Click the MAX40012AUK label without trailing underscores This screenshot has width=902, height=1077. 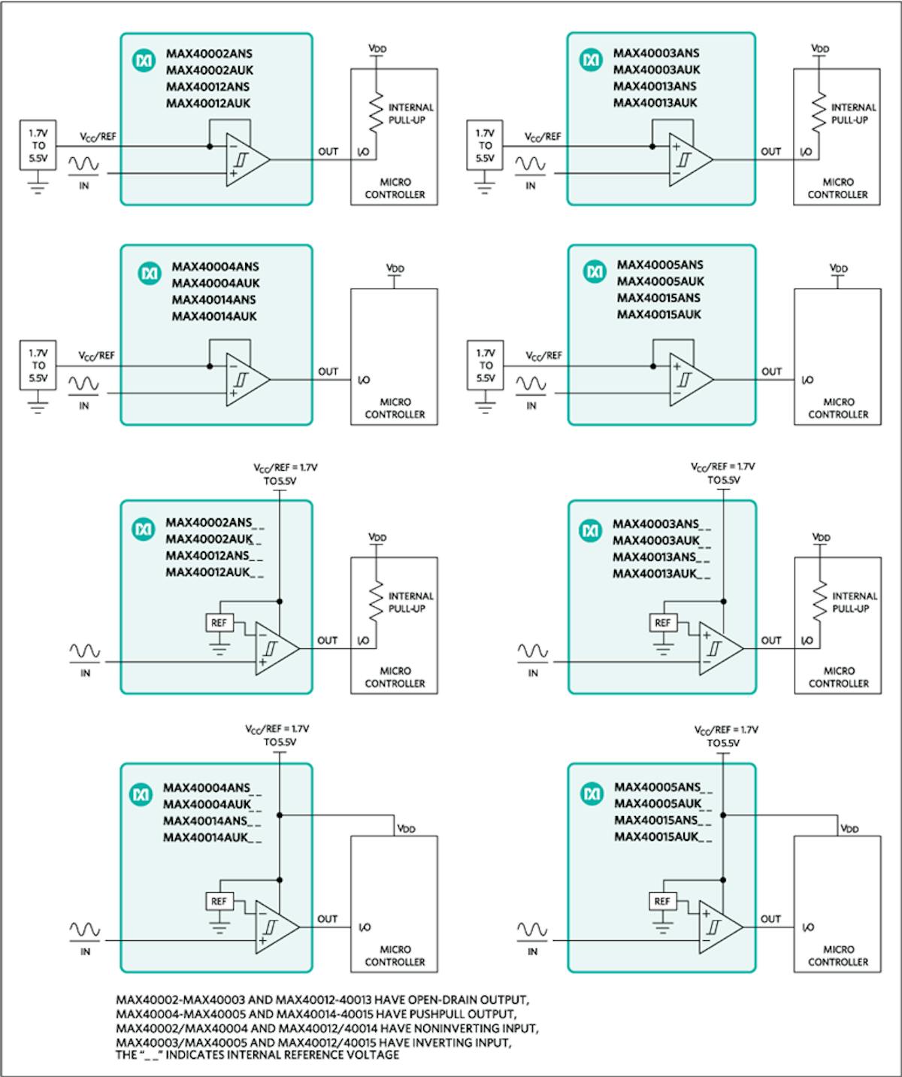[208, 103]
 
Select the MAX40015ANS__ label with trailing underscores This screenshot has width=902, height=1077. [662, 821]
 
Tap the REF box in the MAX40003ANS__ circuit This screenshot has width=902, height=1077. [662, 623]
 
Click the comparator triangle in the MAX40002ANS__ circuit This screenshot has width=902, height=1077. [275, 648]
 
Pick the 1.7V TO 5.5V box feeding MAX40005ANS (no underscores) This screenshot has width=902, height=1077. [486, 366]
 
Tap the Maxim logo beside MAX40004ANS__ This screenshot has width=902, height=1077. [141, 794]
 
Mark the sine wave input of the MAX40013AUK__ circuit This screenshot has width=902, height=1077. [532, 651]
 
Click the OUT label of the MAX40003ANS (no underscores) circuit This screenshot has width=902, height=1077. [771, 151]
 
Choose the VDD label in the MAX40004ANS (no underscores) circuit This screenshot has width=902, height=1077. [395, 268]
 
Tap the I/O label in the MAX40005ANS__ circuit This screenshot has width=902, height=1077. [807, 927]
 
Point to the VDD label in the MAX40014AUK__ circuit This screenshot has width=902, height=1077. [406, 829]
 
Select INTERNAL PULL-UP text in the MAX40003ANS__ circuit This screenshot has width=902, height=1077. [854, 602]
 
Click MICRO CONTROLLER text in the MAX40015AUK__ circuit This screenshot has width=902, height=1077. [838, 956]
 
